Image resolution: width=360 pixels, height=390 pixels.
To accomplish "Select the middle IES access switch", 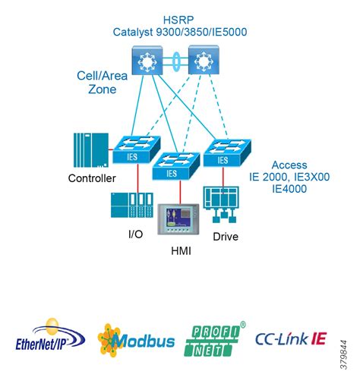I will click(175, 166).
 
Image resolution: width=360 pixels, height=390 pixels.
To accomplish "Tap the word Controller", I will click(92, 178).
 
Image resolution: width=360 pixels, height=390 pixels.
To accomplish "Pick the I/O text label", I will click(134, 234).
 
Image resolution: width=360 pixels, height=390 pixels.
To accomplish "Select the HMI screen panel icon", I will click(178, 220).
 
